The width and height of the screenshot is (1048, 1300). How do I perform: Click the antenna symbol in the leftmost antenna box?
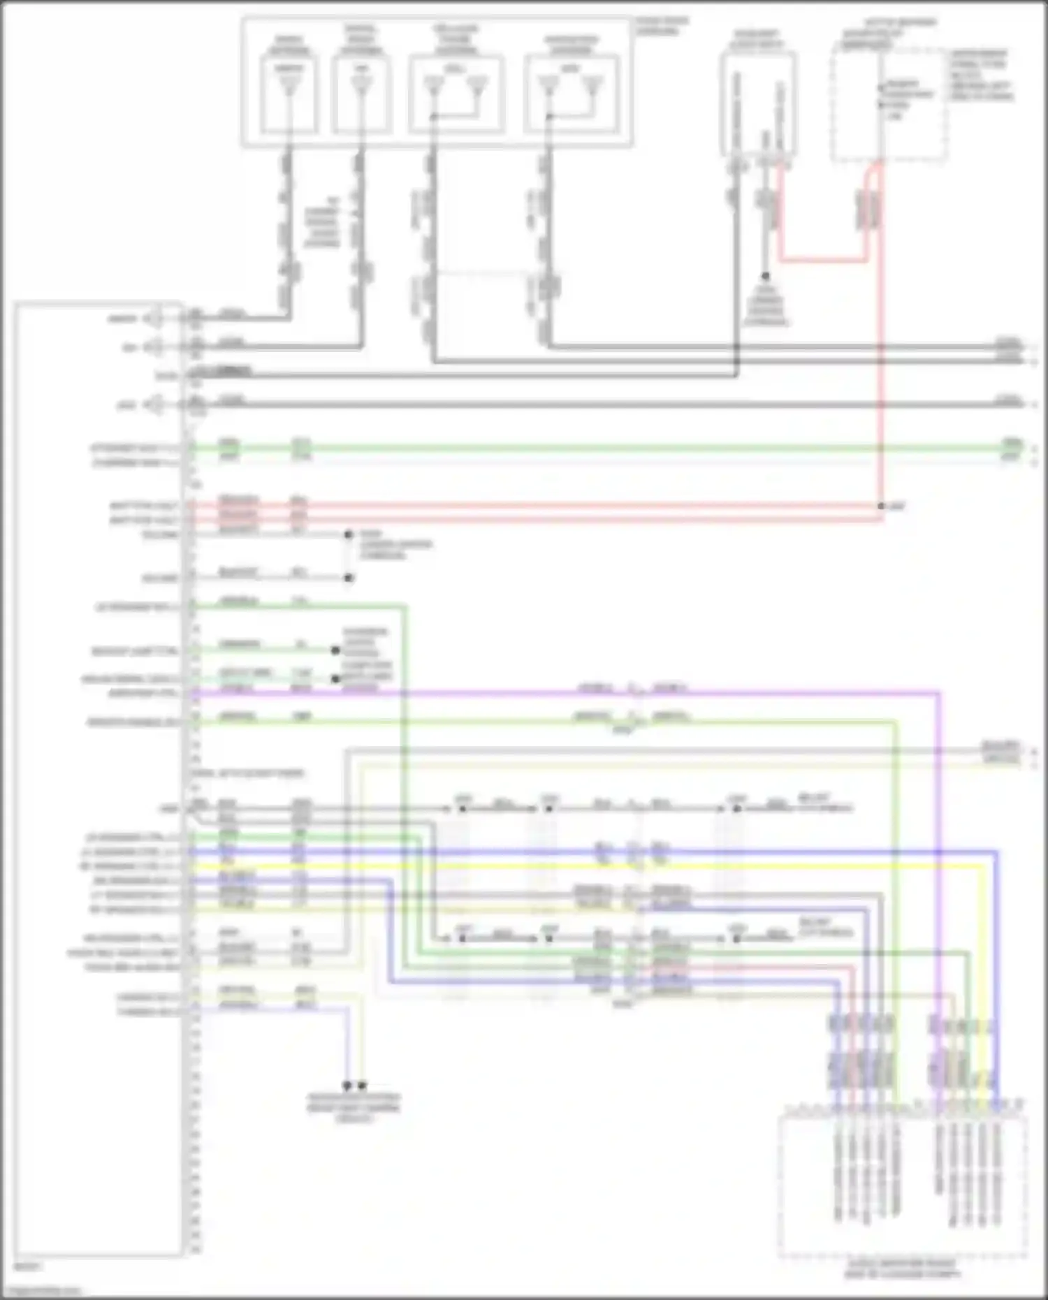click(287, 86)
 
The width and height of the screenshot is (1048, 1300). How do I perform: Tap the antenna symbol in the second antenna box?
click(360, 86)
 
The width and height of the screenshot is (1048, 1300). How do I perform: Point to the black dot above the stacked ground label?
click(766, 277)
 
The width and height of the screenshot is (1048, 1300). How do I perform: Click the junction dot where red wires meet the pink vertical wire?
click(881, 506)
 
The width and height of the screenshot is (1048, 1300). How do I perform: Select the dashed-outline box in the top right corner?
click(889, 105)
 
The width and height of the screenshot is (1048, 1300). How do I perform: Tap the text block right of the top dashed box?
click(980, 75)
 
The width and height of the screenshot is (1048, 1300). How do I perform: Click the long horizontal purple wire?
click(559, 694)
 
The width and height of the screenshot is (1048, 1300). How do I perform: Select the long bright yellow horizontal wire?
click(559, 866)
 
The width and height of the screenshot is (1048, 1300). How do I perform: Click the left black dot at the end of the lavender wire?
click(347, 1086)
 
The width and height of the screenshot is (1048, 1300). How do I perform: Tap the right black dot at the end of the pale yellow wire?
click(362, 1086)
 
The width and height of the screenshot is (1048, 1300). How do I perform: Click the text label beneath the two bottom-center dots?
click(354, 1107)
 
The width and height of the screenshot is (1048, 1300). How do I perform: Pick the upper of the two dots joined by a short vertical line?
click(349, 535)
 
